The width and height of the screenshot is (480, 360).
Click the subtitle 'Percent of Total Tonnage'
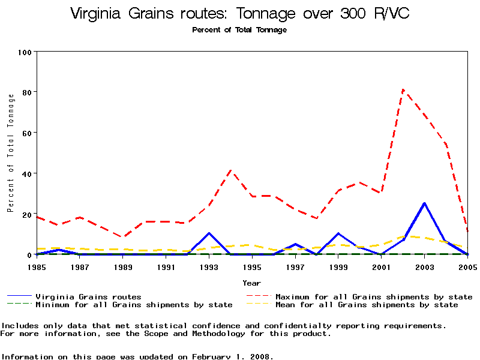239,30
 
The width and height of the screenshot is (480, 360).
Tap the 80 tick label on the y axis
27,92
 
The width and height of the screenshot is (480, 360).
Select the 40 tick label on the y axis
27,173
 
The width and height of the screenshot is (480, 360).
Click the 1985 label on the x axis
37,266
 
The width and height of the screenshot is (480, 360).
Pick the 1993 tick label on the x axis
209,266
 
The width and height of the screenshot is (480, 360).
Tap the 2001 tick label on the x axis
381,266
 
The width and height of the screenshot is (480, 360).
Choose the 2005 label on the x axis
467,266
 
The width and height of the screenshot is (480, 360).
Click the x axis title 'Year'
251,283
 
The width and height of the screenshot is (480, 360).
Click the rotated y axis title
10,153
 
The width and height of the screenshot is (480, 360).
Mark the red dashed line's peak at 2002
403,90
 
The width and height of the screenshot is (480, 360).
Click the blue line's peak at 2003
424,203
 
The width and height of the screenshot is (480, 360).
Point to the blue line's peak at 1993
209,233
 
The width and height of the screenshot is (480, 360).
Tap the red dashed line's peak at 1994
231,170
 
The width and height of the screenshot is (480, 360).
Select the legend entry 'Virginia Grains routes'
88,296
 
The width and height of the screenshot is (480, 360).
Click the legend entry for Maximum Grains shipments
373,296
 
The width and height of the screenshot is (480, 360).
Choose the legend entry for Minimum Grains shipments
134,305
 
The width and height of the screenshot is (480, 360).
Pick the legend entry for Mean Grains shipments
366,305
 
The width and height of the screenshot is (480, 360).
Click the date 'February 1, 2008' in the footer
233,356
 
